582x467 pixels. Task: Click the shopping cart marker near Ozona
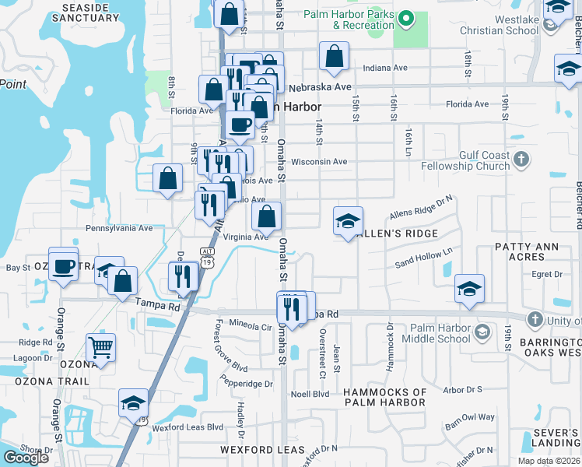(x=100, y=347)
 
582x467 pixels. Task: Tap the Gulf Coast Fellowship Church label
(x=465, y=160)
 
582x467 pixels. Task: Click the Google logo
(x=26, y=458)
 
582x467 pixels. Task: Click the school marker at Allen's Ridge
(x=348, y=222)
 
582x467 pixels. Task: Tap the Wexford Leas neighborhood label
(x=257, y=450)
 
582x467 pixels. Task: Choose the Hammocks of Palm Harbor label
(x=384, y=397)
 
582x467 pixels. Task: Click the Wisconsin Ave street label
(x=319, y=162)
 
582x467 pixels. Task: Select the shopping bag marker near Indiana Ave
(x=333, y=56)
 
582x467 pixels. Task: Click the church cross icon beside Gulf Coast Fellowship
(x=522, y=160)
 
